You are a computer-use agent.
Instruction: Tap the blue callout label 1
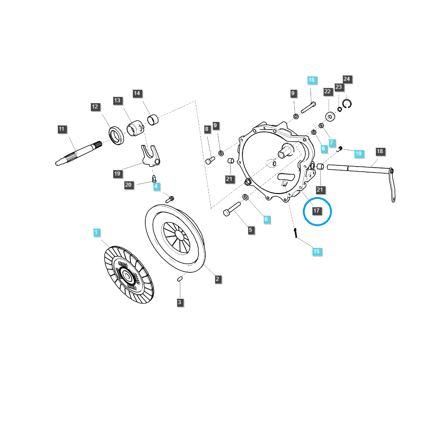tap(96, 232)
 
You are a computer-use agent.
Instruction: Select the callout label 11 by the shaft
tap(61, 129)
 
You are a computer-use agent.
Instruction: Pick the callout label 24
tap(347, 79)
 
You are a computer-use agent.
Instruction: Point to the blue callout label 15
tap(317, 251)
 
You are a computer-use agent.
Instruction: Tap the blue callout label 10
tap(359, 153)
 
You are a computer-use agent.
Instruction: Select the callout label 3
tap(180, 302)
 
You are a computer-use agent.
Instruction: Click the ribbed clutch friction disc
tap(129, 275)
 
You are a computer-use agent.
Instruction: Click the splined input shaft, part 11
tap(78, 153)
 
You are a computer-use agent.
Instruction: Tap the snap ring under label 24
tap(347, 104)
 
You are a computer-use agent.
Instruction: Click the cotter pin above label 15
tap(295, 233)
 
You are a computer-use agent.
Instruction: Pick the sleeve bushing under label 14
tap(153, 120)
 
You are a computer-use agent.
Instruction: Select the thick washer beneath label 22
tap(330, 116)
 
